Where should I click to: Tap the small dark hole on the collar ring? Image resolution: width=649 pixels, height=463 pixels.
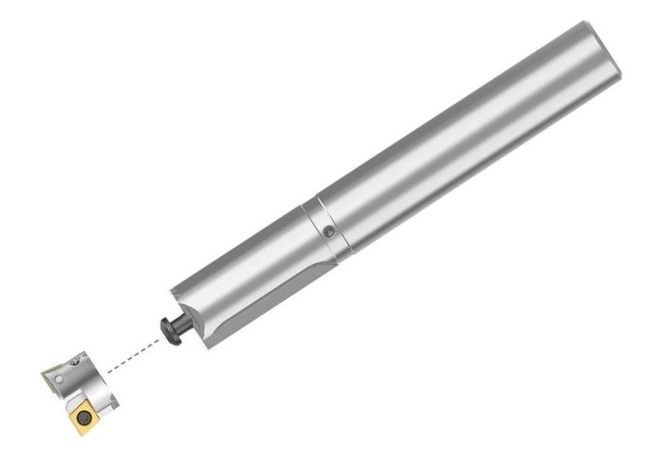tap(330, 230)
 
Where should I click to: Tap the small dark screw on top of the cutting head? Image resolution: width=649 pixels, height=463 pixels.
tap(76, 362)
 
